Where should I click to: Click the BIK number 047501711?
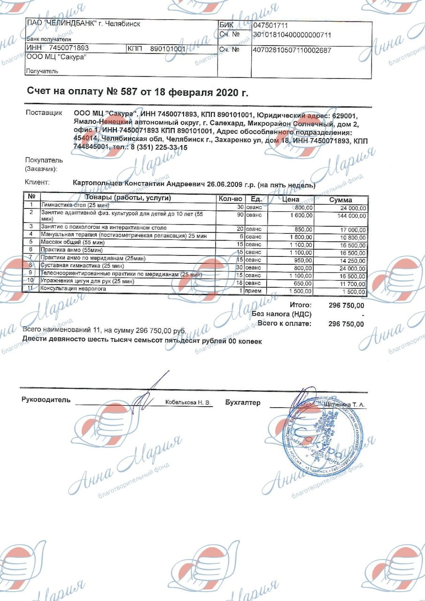(x=270, y=25)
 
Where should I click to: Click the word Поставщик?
(x=44, y=113)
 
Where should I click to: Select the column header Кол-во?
(x=230, y=199)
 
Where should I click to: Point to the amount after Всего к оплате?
(x=346, y=324)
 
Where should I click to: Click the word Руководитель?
(x=46, y=400)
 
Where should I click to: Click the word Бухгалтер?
(x=242, y=402)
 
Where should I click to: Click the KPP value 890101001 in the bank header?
(x=168, y=48)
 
